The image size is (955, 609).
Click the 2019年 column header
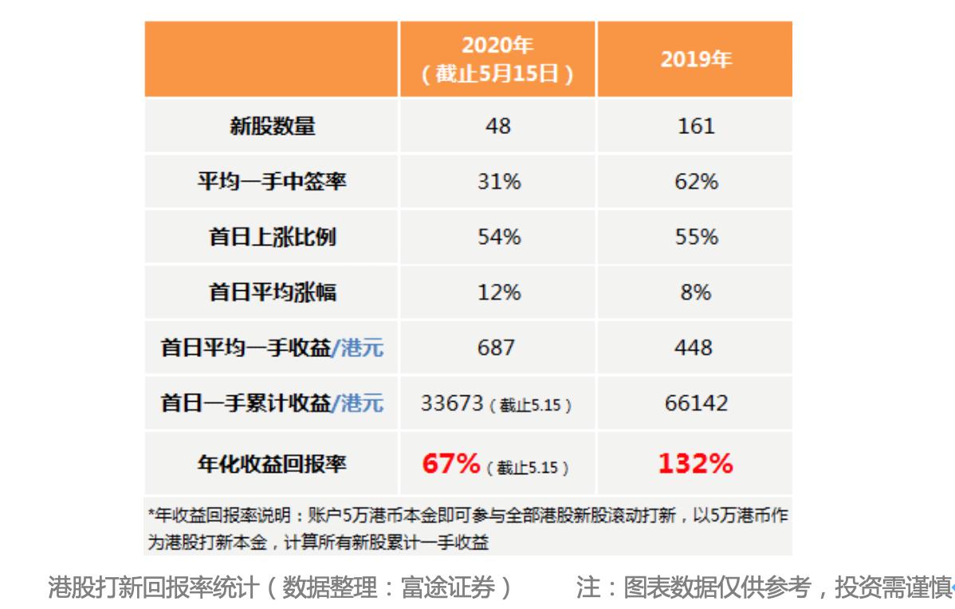pyautogui.click(x=695, y=60)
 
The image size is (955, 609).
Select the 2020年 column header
pyautogui.click(x=497, y=60)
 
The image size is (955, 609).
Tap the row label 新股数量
pyautogui.click(x=272, y=126)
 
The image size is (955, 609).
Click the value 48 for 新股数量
pyautogui.click(x=497, y=126)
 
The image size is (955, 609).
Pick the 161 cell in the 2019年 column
pyautogui.click(x=695, y=126)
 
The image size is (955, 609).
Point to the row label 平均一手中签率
pyautogui.click(x=272, y=182)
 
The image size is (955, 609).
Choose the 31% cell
pyautogui.click(x=498, y=182)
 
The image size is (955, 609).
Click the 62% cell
pyautogui.click(x=696, y=182)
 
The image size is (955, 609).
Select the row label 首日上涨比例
pyautogui.click(x=272, y=238)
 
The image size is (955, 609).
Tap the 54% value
pyautogui.click(x=498, y=238)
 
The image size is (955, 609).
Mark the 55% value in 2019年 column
pyautogui.click(x=696, y=238)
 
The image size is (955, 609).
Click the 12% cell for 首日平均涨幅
pyautogui.click(x=498, y=293)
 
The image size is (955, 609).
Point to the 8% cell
pyautogui.click(x=696, y=293)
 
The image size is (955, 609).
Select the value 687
pyautogui.click(x=496, y=348)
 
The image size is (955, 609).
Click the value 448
pyautogui.click(x=695, y=348)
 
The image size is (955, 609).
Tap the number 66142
pyautogui.click(x=695, y=403)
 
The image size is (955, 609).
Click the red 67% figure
pyautogui.click(x=450, y=463)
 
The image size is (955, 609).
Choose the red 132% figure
pyautogui.click(x=695, y=463)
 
